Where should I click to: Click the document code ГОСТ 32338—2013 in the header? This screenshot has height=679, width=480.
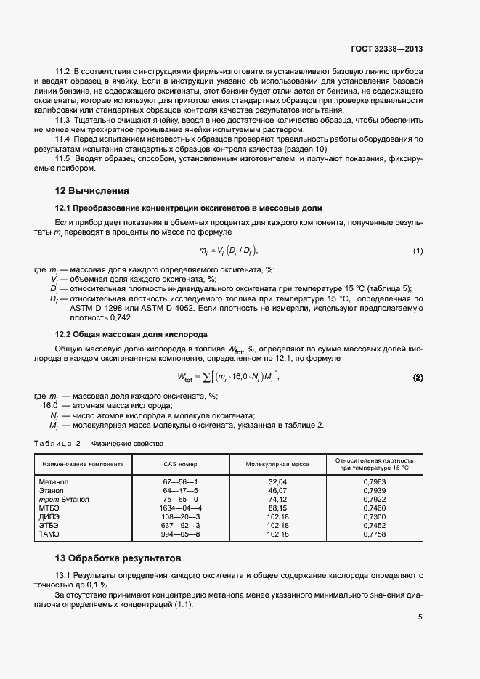pos(385,49)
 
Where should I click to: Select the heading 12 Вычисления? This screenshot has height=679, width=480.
pos(92,191)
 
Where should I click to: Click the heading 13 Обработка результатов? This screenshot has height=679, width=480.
pos(124,558)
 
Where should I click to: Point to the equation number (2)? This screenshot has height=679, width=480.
pos(418,378)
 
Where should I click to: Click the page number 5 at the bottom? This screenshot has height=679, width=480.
pos(420,618)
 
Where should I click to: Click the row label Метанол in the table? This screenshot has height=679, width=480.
pos(53,481)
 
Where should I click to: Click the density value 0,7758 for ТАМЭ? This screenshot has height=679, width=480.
pos(375,534)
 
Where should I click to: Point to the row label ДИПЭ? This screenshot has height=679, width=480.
pos(50,516)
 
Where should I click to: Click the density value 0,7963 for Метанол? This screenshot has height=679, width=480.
pos(375,481)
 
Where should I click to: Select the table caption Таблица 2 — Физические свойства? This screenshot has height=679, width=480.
pos(99,443)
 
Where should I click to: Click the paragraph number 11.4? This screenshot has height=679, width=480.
pos(62,139)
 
